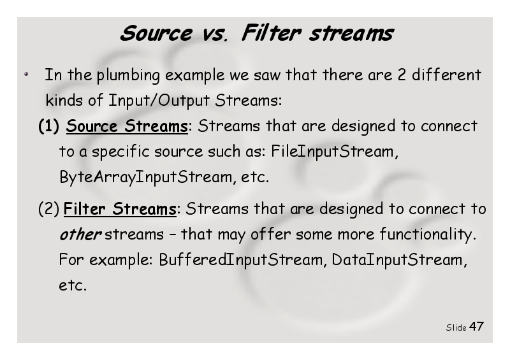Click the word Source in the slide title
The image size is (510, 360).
(156, 33)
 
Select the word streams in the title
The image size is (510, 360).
(351, 34)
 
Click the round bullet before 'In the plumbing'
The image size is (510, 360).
(26, 75)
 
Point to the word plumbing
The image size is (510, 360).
(128, 75)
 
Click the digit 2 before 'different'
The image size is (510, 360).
(402, 75)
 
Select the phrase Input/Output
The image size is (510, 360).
(159, 100)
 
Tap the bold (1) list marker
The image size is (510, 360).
(49, 126)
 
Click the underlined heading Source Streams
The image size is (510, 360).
(127, 126)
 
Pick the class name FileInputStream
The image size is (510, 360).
(334, 152)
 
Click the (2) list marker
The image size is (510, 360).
(49, 209)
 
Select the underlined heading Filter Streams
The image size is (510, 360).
(120, 209)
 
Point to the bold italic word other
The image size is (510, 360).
(80, 234)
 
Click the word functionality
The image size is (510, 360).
(428, 234)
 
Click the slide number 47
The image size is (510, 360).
(476, 326)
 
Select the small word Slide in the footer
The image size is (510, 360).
(456, 328)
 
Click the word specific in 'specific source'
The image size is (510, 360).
(120, 152)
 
